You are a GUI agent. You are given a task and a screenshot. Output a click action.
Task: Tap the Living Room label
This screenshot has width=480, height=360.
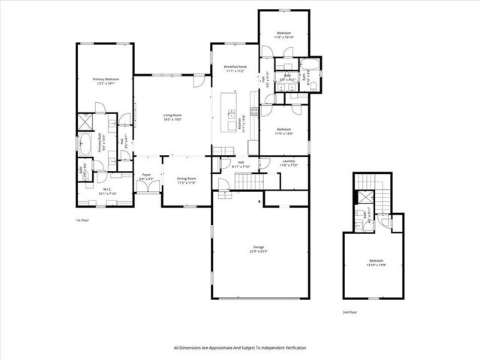pyautogui.click(x=173, y=115)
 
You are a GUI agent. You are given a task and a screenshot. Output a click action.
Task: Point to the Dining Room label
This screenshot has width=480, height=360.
pyautogui.click(x=186, y=178)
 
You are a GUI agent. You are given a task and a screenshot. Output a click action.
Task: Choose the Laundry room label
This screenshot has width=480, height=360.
pyautogui.click(x=289, y=161)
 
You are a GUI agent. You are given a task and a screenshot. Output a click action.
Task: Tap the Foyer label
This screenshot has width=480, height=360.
pyautogui.click(x=146, y=175)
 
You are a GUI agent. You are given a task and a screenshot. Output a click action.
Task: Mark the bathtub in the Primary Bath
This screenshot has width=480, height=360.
pyautogui.click(x=84, y=144)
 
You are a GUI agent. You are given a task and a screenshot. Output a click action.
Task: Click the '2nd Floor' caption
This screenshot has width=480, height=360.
pyautogui.click(x=350, y=311)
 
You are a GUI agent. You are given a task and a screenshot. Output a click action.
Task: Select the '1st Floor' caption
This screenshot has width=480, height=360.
pyautogui.click(x=82, y=220)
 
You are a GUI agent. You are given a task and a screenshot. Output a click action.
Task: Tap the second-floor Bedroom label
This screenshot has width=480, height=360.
pyautogui.click(x=374, y=261)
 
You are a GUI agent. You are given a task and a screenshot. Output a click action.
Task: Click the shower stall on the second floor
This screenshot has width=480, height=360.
pyautogui.click(x=364, y=196)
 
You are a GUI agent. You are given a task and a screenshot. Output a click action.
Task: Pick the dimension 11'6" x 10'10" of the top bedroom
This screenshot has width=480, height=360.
pyautogui.click(x=283, y=37)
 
